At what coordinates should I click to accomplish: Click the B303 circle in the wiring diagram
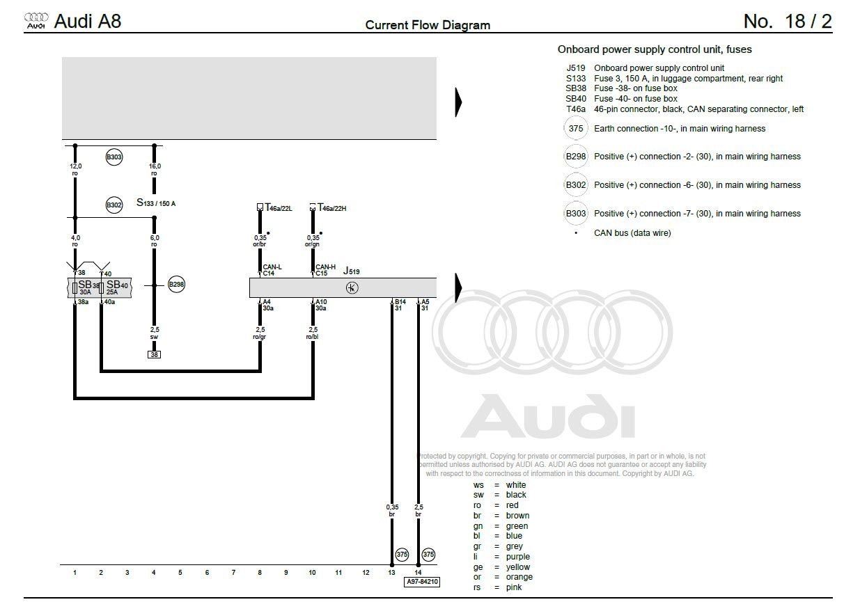tap(114, 157)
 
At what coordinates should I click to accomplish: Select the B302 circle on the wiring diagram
tap(114, 205)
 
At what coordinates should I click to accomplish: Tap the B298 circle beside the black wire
tap(176, 285)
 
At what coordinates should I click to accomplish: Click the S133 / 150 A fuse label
tap(156, 203)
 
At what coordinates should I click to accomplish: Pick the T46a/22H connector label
tap(331, 207)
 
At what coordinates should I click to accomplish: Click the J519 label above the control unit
tap(351, 271)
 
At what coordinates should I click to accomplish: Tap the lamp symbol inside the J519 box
tap(352, 288)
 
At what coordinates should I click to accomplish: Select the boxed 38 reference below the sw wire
tap(154, 354)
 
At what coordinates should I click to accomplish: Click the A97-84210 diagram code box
tap(421, 582)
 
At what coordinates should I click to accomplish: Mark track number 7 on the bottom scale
tap(233, 573)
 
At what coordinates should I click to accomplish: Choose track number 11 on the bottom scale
tap(338, 573)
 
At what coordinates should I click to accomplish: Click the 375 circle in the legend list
tap(575, 129)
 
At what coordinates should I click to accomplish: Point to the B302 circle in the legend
tap(575, 185)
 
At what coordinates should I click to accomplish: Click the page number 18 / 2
tap(788, 22)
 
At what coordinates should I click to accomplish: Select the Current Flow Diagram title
tap(428, 26)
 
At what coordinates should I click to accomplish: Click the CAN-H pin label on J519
tap(325, 267)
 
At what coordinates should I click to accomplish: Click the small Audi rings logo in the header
tap(36, 21)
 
